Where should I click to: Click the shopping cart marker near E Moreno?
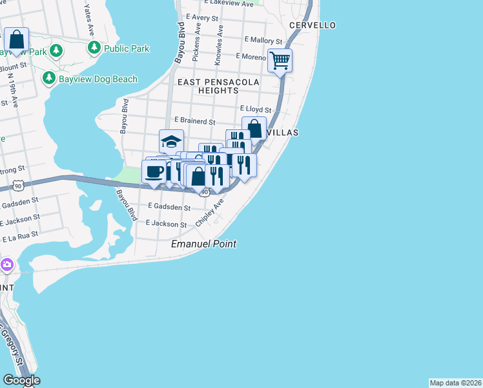[280, 61]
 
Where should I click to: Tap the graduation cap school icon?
[171, 141]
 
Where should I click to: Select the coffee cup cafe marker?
[154, 172]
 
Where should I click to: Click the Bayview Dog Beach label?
[98, 79]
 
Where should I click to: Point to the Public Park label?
[127, 48]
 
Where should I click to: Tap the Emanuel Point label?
[203, 244]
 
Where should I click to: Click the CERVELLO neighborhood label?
[313, 25]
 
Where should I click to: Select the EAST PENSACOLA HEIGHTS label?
[220, 87]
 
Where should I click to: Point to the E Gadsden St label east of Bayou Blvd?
[169, 208]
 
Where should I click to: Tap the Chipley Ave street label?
[214, 211]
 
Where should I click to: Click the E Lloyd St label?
[256, 110]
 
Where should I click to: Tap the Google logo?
[21, 380]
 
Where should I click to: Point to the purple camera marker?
[7, 264]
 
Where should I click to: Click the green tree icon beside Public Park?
[94, 48]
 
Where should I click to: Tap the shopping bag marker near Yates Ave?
[15, 39]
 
